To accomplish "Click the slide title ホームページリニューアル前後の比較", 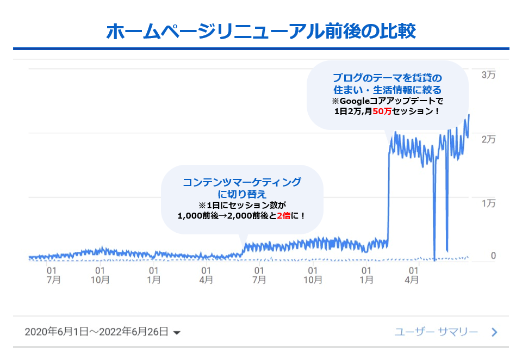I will [x=261, y=31].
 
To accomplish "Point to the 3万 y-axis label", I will [x=488, y=76].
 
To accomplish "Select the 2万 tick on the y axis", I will [x=488, y=139].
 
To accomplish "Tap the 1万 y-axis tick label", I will [x=488, y=203].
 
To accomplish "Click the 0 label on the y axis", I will [x=493, y=256].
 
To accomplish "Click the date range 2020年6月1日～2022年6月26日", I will [x=96, y=332].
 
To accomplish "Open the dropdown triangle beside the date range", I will [x=176, y=333].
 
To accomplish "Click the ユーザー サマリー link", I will [x=436, y=332].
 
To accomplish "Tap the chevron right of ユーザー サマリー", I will [x=494, y=332].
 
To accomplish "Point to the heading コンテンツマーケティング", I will [x=241, y=182].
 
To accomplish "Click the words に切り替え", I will [x=241, y=194].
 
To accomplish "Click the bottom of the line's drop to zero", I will [x=435, y=259].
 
